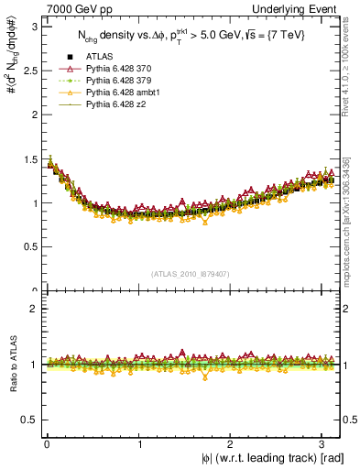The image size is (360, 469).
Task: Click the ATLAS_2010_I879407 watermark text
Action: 191,273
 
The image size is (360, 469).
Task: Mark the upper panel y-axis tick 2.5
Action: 30,71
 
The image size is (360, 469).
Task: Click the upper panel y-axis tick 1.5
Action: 30,159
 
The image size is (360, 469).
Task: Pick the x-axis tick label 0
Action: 47,444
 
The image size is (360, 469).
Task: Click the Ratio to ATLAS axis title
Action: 12,365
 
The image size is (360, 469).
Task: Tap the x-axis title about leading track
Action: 273,458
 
